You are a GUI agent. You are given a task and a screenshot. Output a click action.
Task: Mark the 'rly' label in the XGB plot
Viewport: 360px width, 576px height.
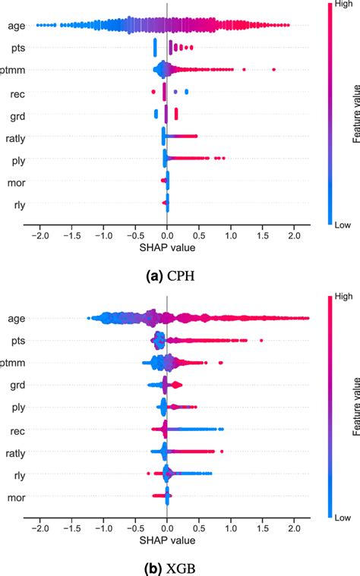16,476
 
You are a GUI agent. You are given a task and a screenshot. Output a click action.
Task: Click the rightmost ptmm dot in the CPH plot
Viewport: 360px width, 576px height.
273,70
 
